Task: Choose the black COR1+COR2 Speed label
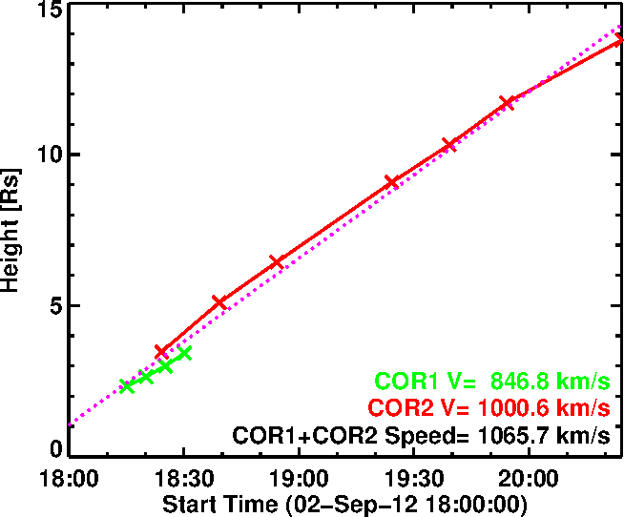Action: point(421,437)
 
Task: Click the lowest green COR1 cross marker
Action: point(127,386)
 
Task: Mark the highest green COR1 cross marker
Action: point(184,353)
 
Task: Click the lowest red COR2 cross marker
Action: point(161,352)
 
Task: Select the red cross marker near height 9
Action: point(391,181)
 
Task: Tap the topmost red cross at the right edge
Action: point(618,39)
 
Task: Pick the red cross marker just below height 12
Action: point(507,103)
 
